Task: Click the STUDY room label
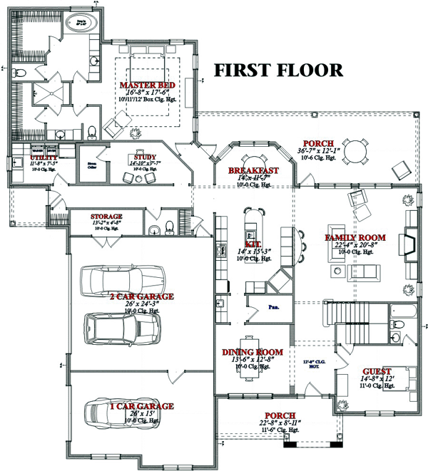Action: coord(144,157)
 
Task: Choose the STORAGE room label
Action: coord(106,216)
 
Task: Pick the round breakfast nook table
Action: coord(253,162)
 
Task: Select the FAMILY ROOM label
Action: coord(355,237)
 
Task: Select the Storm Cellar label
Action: coord(91,164)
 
